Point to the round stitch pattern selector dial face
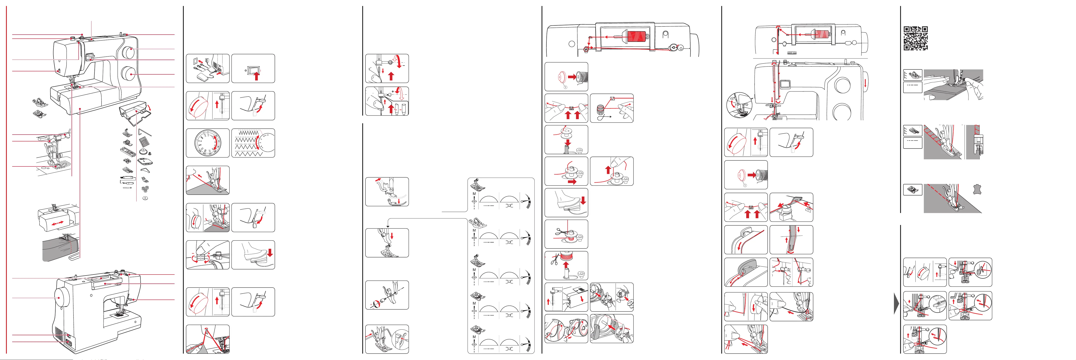pyautogui.click(x=207, y=143)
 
